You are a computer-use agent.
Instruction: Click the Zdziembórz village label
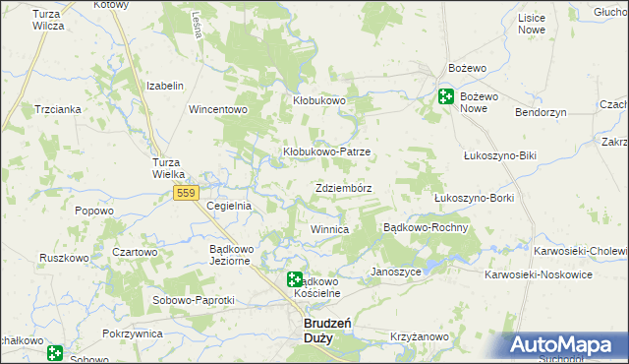(x=344, y=187)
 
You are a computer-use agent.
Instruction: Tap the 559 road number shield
(x=187, y=194)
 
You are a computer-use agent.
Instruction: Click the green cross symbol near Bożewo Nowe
(x=445, y=96)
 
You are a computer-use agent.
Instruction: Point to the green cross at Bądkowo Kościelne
(x=295, y=280)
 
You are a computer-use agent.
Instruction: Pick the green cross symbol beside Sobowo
(x=55, y=351)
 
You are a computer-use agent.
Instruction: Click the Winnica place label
(x=330, y=229)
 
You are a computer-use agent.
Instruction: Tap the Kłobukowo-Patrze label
(x=326, y=152)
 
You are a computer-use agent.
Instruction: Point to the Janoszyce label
(x=396, y=271)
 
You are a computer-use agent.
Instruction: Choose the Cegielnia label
(x=230, y=206)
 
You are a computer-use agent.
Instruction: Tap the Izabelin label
(x=165, y=86)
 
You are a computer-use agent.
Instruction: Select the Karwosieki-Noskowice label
(x=551, y=274)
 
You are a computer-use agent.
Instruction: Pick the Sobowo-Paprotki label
(x=193, y=299)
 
